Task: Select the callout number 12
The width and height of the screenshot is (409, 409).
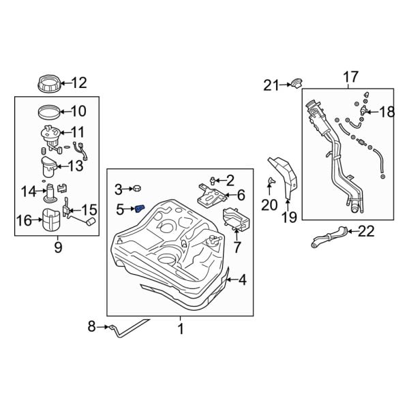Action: pyautogui.click(x=79, y=84)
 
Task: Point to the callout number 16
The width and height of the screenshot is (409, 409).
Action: pyautogui.click(x=24, y=219)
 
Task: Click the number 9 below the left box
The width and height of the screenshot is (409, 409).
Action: pyautogui.click(x=57, y=247)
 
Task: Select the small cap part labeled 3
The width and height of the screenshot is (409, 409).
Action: pyautogui.click(x=136, y=188)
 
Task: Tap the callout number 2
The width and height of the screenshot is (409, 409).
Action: pyautogui.click(x=229, y=180)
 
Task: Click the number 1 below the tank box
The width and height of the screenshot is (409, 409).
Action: pyautogui.click(x=181, y=329)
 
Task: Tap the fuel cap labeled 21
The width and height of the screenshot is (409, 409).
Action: pyautogui.click(x=296, y=84)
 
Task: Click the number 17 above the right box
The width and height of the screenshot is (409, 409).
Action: pyautogui.click(x=350, y=77)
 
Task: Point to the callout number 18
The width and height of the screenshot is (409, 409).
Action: pyautogui.click(x=387, y=112)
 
